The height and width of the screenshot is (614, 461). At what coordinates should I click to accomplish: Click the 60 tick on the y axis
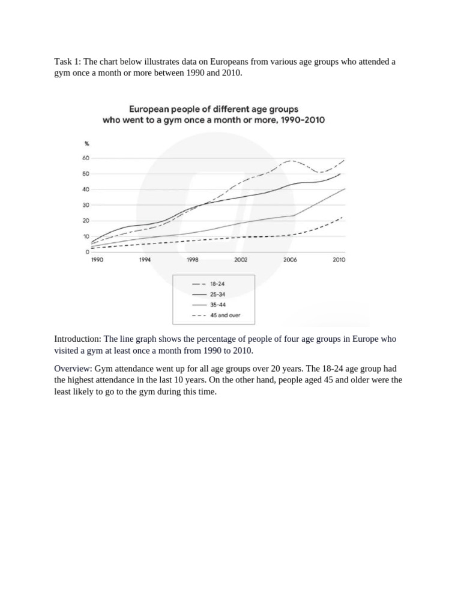[x=86, y=158]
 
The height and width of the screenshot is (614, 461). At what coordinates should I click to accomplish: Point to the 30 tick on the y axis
[x=86, y=205]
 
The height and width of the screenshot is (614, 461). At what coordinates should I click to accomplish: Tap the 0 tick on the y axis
[x=88, y=252]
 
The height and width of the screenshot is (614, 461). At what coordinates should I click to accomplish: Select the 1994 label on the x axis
[x=144, y=260]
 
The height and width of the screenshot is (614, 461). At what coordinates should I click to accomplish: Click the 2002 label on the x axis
[x=241, y=260]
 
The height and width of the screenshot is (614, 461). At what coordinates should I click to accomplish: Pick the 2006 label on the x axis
[x=290, y=260]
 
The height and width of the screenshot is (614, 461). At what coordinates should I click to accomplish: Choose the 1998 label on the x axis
[x=193, y=260]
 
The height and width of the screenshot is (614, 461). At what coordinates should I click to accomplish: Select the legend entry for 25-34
[x=217, y=295]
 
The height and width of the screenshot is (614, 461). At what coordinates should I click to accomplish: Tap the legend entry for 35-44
[x=217, y=305]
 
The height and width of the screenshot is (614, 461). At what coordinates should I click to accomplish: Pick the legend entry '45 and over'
[x=226, y=315]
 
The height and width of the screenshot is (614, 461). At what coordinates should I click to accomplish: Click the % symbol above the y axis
[x=87, y=143]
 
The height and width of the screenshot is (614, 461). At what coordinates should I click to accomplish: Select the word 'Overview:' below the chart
[x=73, y=369]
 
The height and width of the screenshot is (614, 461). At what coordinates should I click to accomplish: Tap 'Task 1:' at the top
[x=67, y=62]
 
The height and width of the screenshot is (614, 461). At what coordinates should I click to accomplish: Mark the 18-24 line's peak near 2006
[x=291, y=161]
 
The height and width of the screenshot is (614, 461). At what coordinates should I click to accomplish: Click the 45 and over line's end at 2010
[x=342, y=217]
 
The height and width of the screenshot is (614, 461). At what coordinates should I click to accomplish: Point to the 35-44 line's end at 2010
[x=345, y=189]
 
